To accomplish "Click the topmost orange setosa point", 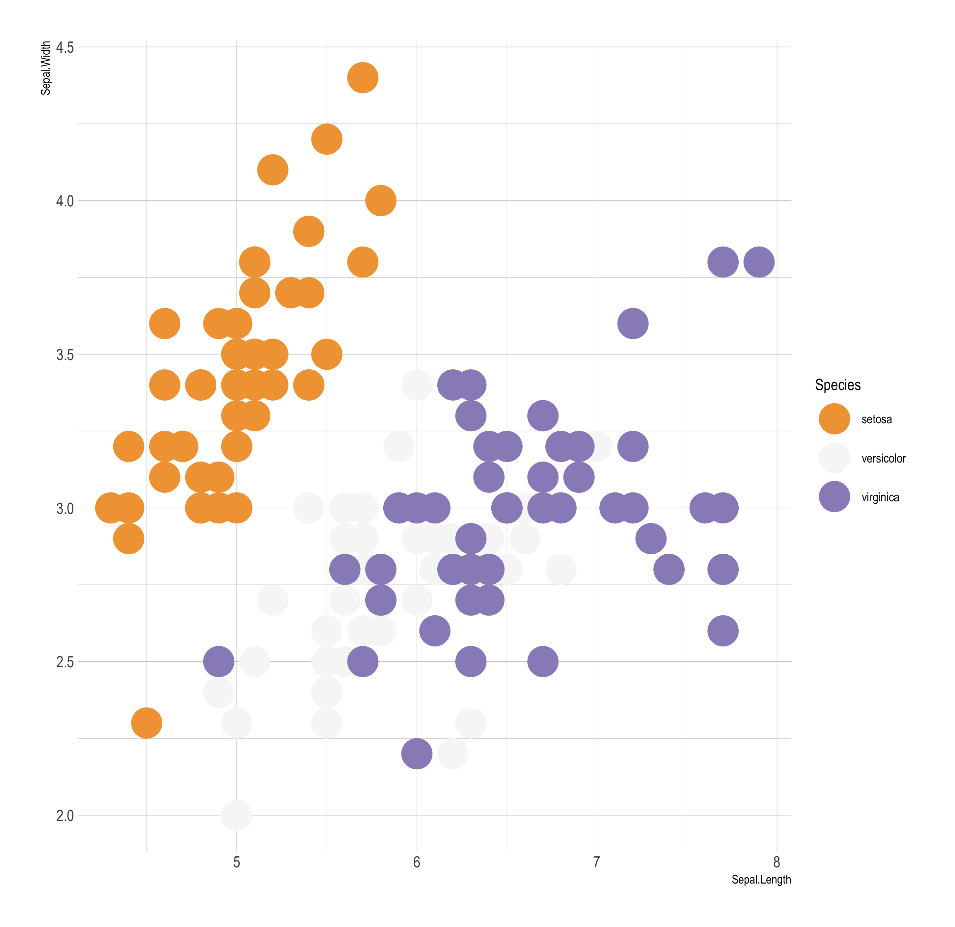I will [x=363, y=77].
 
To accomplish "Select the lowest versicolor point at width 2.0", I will [x=236, y=815].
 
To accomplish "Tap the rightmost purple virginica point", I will [x=759, y=262].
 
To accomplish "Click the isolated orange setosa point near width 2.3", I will [x=147, y=723].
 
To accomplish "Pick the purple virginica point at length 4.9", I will [x=219, y=662].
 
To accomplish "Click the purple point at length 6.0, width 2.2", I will [x=417, y=754].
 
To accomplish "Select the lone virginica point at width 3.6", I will [x=633, y=324].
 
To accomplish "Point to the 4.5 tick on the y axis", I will [x=65, y=47].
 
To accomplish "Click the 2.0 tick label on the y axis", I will [x=65, y=815].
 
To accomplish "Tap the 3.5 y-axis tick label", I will [x=65, y=355].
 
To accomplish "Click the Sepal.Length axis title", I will [x=761, y=880].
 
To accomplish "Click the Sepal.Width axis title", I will [x=45, y=68].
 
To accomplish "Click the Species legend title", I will [x=837, y=385].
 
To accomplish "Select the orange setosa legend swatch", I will [x=834, y=419].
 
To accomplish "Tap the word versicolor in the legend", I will [x=883, y=458].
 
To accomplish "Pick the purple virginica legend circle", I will [x=834, y=497].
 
